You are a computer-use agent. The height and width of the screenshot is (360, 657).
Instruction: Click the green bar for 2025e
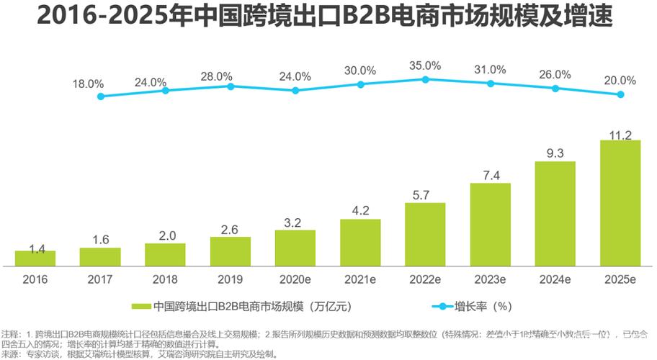(620, 203)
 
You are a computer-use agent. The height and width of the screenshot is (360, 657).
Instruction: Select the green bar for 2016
(35, 258)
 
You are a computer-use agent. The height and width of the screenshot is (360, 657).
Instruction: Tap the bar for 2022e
(425, 234)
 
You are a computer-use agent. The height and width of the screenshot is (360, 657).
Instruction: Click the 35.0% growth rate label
(425, 66)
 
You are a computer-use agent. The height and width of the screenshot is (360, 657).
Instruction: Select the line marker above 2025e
(620, 94)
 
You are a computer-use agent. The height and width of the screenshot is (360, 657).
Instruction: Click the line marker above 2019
(231, 86)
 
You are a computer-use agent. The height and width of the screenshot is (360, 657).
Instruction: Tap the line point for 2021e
(360, 84)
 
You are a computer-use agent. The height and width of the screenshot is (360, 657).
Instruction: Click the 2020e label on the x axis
(295, 279)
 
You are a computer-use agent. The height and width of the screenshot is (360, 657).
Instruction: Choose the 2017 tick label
(99, 279)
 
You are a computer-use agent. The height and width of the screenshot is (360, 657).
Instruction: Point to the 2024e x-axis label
(555, 279)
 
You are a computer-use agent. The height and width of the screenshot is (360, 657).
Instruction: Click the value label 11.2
(620, 135)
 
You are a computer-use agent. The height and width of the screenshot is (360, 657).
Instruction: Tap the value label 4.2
(360, 212)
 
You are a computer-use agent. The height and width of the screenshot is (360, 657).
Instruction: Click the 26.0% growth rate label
(555, 74)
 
